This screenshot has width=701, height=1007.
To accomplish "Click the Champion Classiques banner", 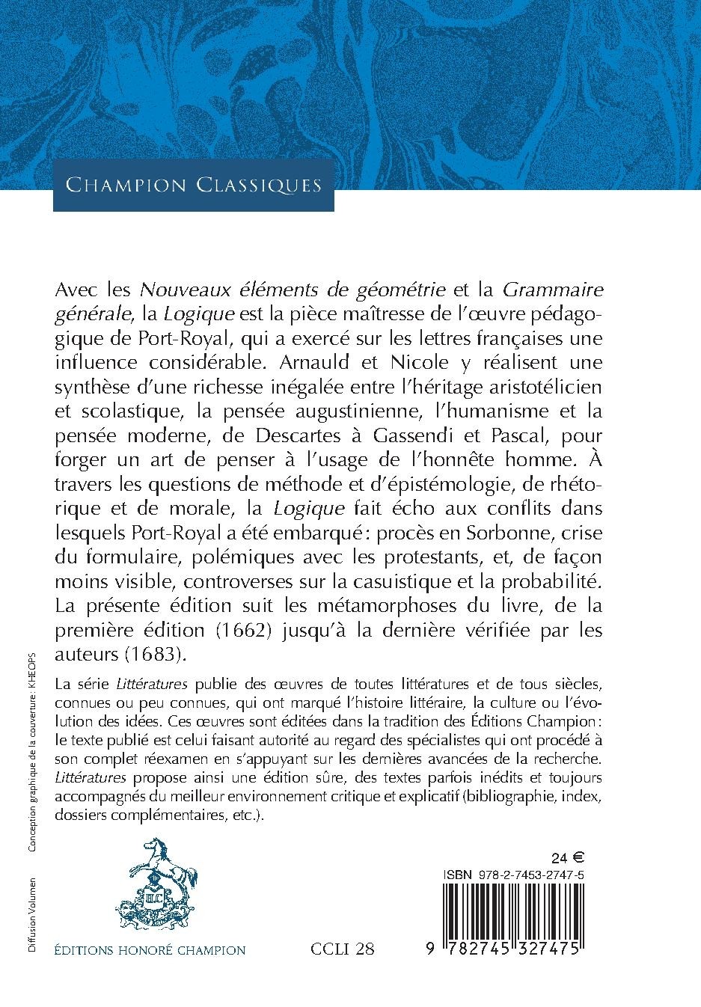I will (x=193, y=185).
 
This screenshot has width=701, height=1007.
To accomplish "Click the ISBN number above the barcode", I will (x=513, y=873).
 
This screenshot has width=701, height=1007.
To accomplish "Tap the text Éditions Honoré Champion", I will (x=150, y=951).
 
